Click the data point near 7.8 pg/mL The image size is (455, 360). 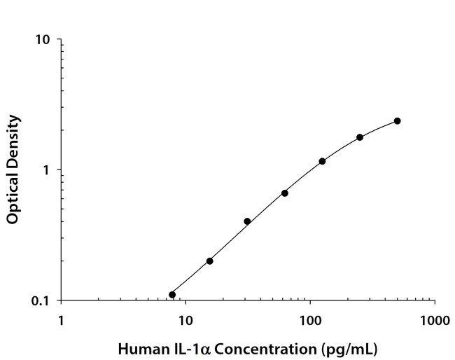(172, 294)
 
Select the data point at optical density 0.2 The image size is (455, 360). (209, 261)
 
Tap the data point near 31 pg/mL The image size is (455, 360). (247, 221)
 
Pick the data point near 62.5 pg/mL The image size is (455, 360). (285, 193)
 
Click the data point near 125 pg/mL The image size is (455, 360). (322, 161)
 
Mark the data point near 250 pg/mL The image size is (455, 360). (360, 137)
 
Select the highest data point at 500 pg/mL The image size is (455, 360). (397, 121)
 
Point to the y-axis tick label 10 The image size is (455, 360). (43, 39)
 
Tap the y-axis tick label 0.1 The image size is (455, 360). (42, 301)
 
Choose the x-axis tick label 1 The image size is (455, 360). (61, 321)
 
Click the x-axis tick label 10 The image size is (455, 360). (185, 321)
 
